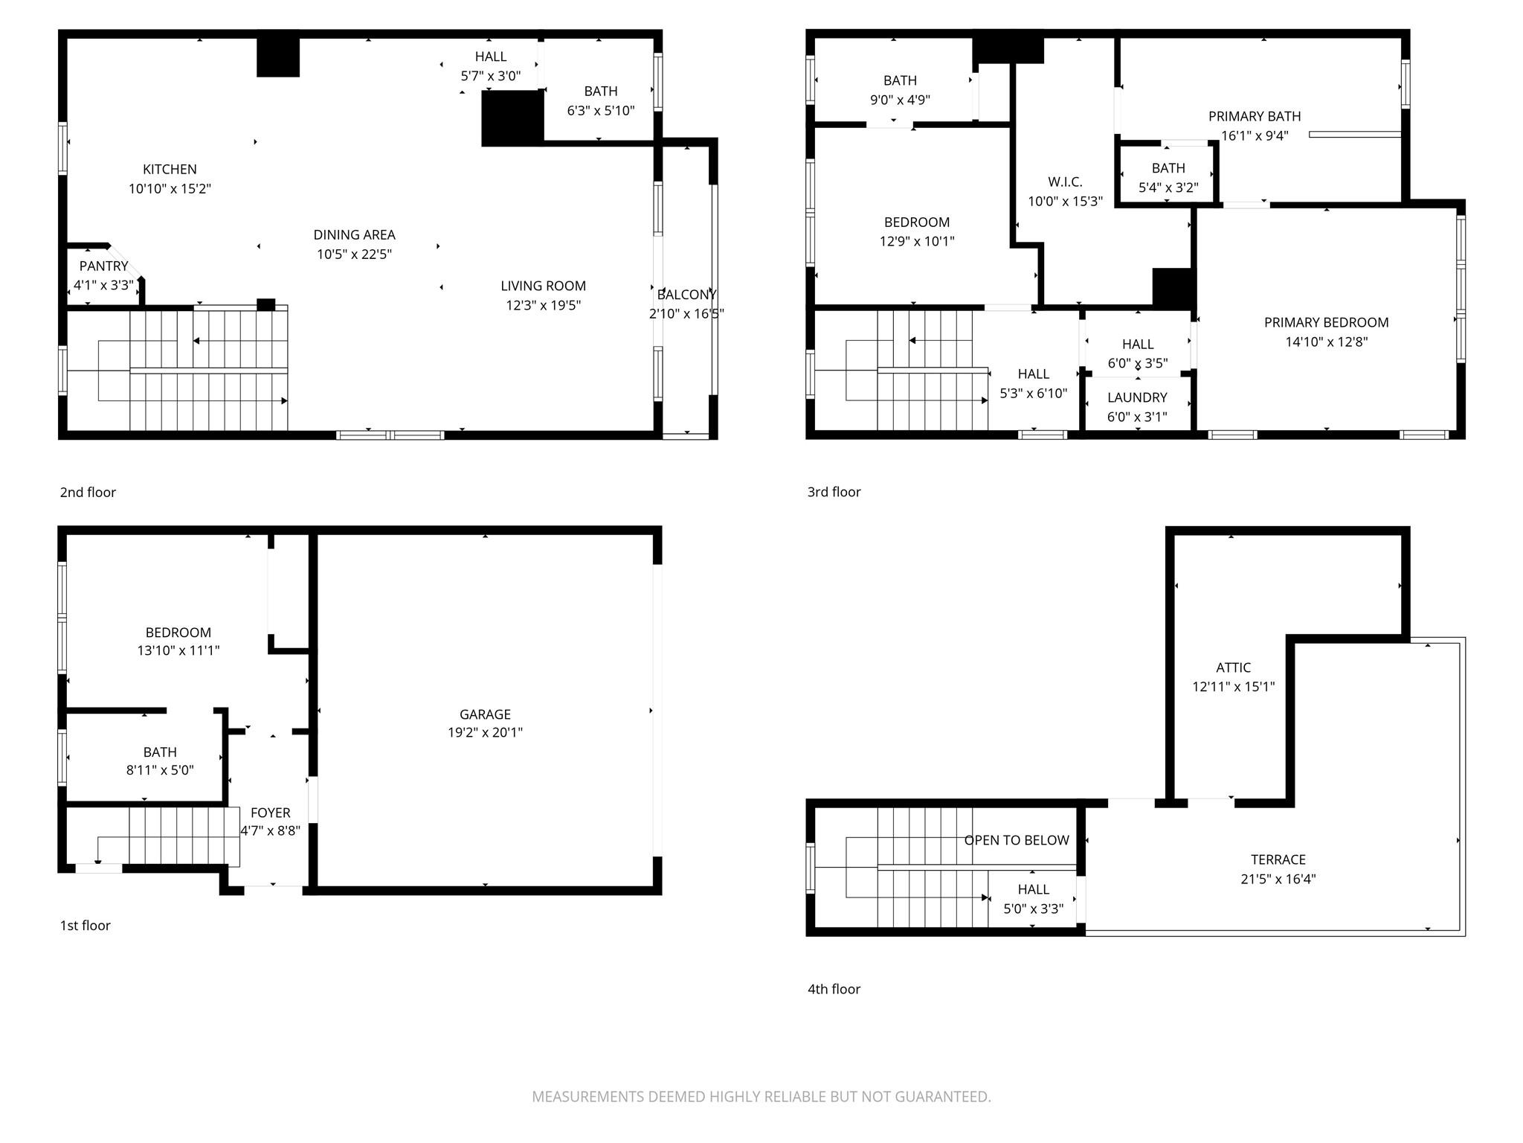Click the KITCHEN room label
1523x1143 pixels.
point(170,169)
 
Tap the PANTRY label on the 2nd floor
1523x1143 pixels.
point(104,266)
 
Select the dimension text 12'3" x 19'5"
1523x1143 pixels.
point(543,305)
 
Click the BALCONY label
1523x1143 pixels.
point(686,295)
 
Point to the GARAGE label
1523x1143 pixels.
point(485,714)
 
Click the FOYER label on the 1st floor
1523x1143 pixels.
point(270,813)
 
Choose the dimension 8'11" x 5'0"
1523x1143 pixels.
point(160,770)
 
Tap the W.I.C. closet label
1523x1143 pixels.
point(1065,182)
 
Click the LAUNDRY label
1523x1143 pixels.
point(1137,397)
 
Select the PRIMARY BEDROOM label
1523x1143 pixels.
point(1326,322)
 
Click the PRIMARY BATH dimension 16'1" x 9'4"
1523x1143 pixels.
point(1255,135)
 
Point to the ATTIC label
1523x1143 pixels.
point(1233,667)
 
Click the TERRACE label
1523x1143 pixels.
point(1278,859)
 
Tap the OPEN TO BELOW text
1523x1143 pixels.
point(1017,840)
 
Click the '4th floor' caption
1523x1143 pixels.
point(834,989)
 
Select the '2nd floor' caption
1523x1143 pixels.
point(88,492)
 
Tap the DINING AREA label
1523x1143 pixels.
point(354,234)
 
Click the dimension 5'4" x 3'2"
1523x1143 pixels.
point(1168,188)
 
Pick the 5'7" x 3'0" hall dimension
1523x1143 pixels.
point(490,76)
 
